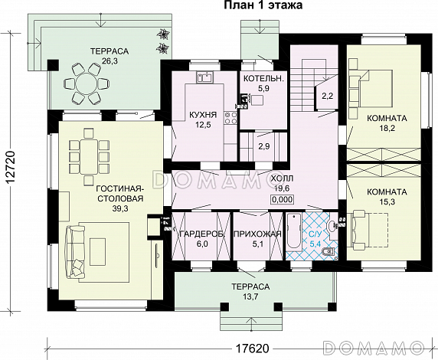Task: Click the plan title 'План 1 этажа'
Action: tap(263, 5)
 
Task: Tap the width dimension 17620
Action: tap(252, 349)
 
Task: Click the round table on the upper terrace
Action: tap(86, 83)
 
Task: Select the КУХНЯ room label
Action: tap(203, 115)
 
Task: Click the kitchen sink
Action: tap(205, 77)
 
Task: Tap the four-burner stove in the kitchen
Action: tap(230, 118)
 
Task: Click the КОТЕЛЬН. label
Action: tap(263, 79)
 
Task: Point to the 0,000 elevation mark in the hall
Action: tap(282, 199)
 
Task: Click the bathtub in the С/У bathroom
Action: tap(293, 231)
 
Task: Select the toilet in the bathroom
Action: tap(328, 252)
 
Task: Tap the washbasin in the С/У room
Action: tap(332, 227)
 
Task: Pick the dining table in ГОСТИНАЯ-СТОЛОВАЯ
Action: tap(89, 154)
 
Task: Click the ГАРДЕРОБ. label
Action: tap(202, 234)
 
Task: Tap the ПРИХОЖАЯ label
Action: tap(257, 234)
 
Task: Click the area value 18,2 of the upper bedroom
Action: tap(387, 128)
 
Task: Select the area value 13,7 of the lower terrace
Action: tap(250, 296)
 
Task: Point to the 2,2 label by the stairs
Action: tap(328, 97)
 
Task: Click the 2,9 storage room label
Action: tap(264, 146)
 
